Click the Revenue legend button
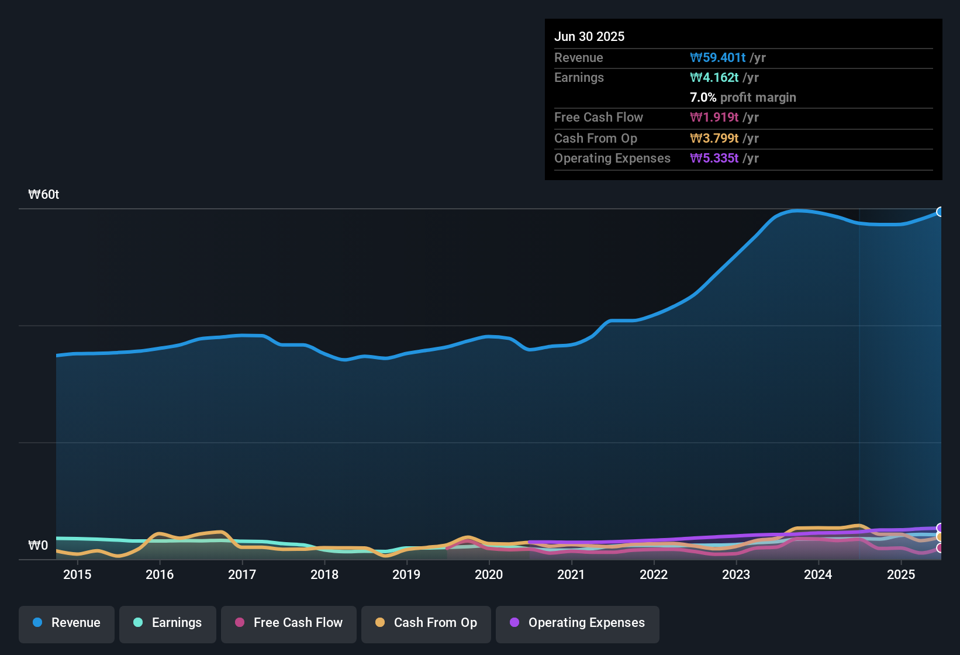(x=67, y=623)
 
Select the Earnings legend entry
(x=168, y=623)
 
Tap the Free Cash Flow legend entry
(x=289, y=623)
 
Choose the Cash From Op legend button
(x=426, y=623)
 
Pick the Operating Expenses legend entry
(x=578, y=623)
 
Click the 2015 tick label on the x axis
(x=77, y=575)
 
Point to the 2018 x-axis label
(x=324, y=575)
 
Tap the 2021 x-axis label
(x=571, y=575)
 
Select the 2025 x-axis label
(x=901, y=575)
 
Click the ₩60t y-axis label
(x=44, y=195)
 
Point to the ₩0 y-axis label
(x=38, y=546)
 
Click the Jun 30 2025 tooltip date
(x=589, y=37)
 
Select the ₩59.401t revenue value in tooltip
(x=717, y=58)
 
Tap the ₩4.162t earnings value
(x=714, y=78)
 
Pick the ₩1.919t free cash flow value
(x=714, y=118)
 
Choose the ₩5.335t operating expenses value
(x=714, y=158)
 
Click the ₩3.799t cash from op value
(x=714, y=139)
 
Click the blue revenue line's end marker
(x=940, y=212)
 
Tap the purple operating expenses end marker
(x=940, y=528)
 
